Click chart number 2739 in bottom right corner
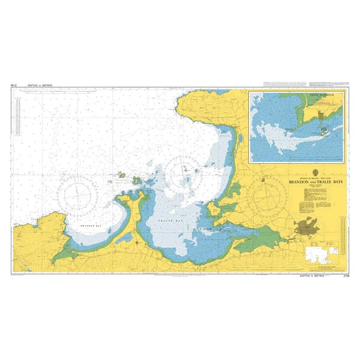click(x=343, y=275)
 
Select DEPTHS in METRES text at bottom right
click(x=312, y=275)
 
